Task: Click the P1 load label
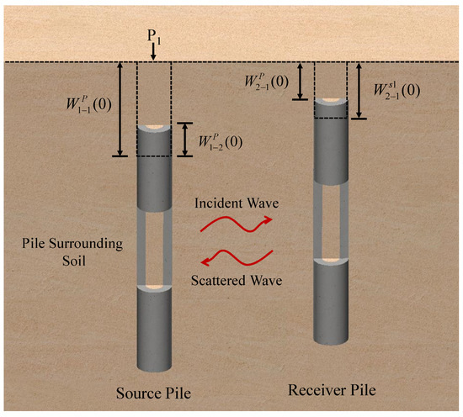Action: (153, 39)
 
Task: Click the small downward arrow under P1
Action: (153, 54)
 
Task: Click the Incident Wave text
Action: (231, 203)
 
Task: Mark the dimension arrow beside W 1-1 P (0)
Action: (120, 109)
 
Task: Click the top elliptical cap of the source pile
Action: (152, 128)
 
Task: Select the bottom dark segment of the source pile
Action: (152, 328)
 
